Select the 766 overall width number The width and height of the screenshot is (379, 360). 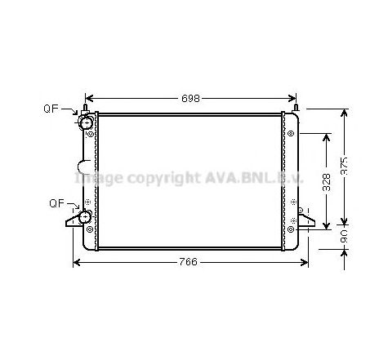[x=189, y=262]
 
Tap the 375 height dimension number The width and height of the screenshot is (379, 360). [x=346, y=166]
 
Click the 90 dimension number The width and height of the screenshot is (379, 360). [x=346, y=236]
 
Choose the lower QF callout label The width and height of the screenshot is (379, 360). [x=57, y=202]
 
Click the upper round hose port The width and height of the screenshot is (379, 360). [x=84, y=122]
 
